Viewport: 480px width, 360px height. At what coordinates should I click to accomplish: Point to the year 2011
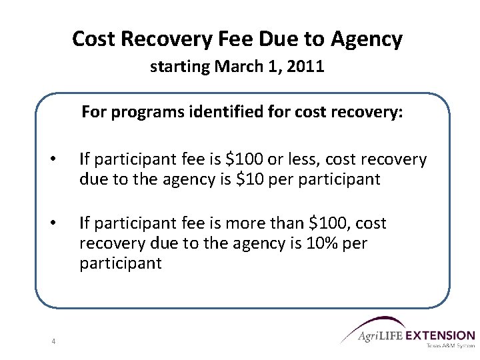[x=307, y=67]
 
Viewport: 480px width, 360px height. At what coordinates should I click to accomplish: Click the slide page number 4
[x=53, y=342]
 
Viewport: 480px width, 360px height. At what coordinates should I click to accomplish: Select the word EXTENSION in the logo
[x=441, y=336]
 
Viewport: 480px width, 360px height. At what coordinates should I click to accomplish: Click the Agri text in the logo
[x=370, y=336]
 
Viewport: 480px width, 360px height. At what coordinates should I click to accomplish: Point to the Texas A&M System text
[x=449, y=347]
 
